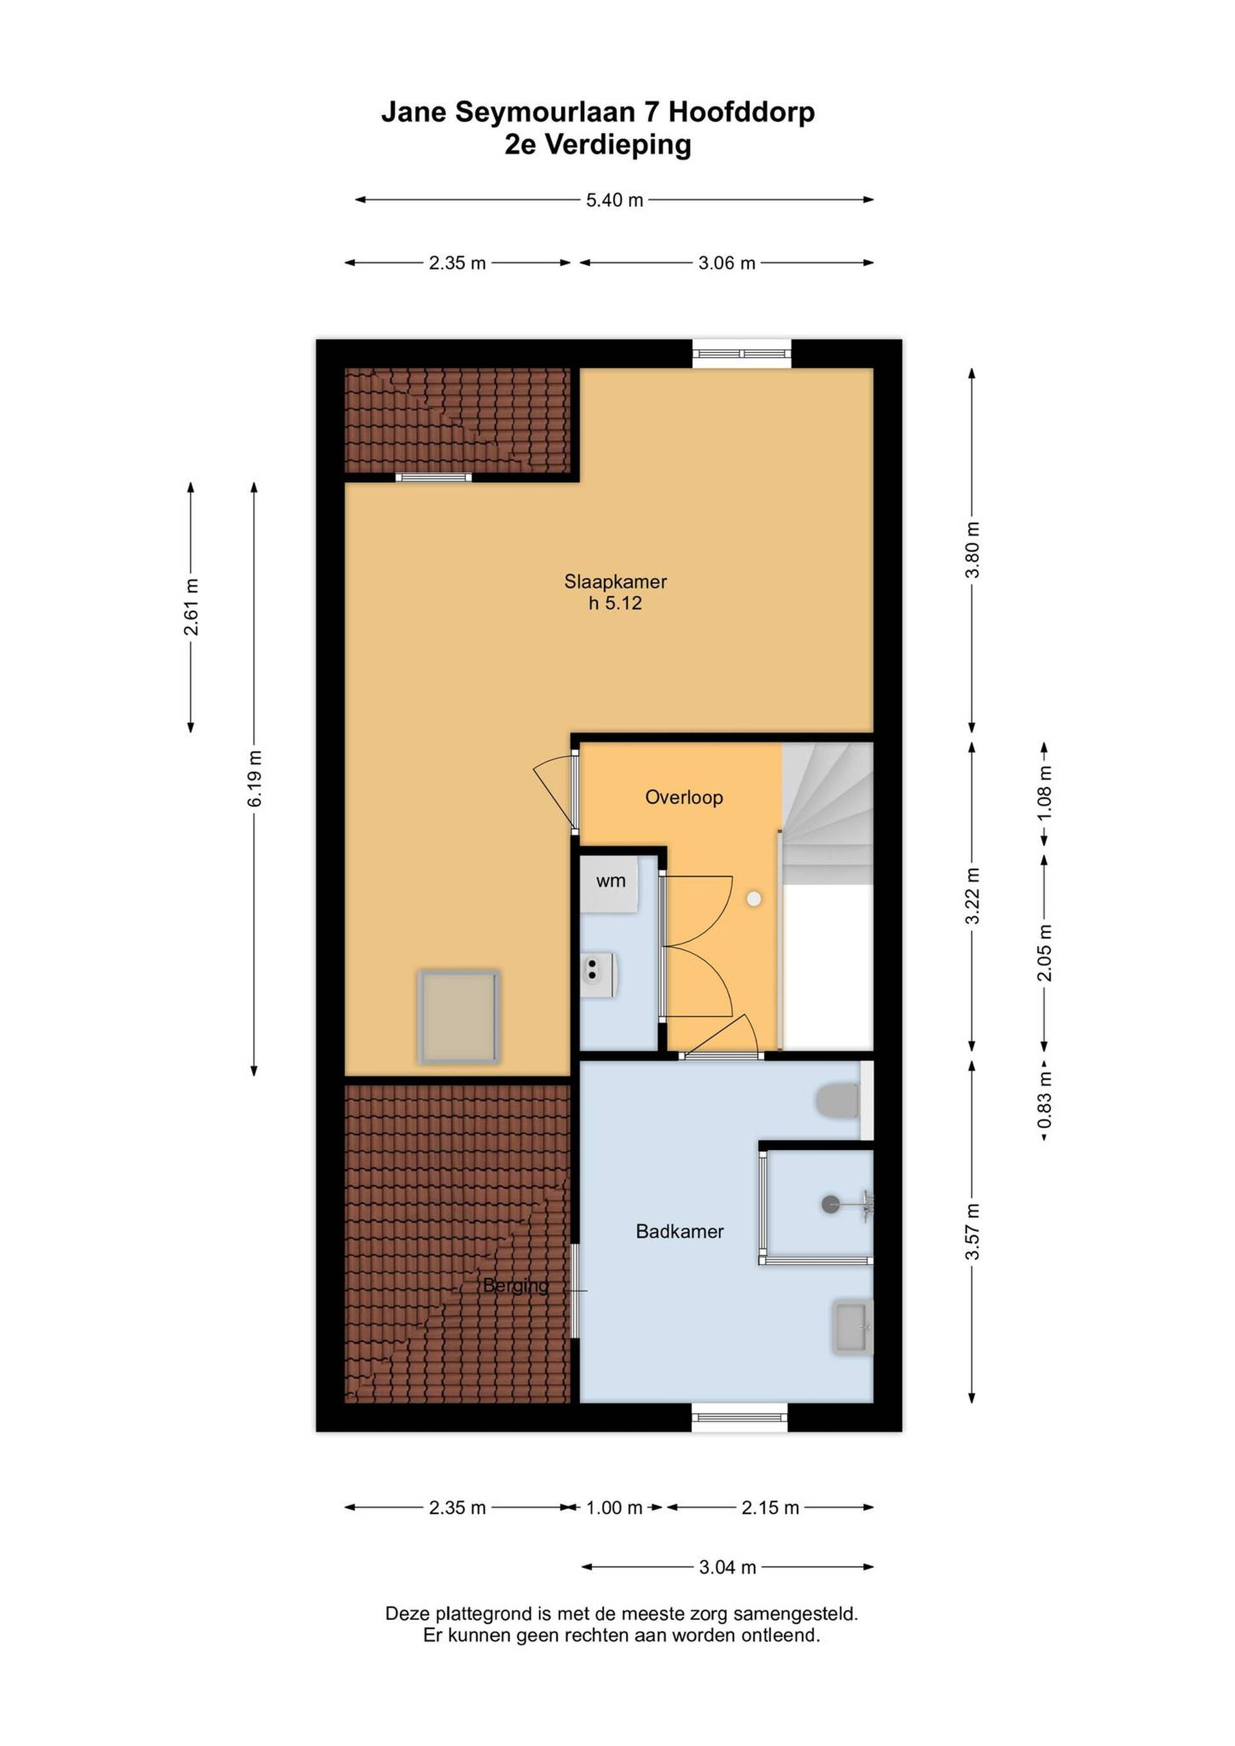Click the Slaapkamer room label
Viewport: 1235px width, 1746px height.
(x=615, y=582)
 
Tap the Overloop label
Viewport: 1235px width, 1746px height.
(x=684, y=797)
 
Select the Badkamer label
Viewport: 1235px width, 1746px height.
(x=680, y=1230)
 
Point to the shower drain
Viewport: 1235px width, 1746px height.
(x=830, y=1204)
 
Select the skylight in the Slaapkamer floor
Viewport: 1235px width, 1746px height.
(x=459, y=1017)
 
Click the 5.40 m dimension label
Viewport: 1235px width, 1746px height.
(x=614, y=200)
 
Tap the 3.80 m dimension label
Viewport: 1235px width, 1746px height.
(x=972, y=550)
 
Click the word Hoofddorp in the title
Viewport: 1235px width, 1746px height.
(x=742, y=112)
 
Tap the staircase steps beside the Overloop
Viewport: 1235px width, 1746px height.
(x=827, y=814)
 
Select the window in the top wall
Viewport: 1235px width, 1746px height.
(x=742, y=354)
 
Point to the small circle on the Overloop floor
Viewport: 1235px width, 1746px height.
(x=754, y=899)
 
